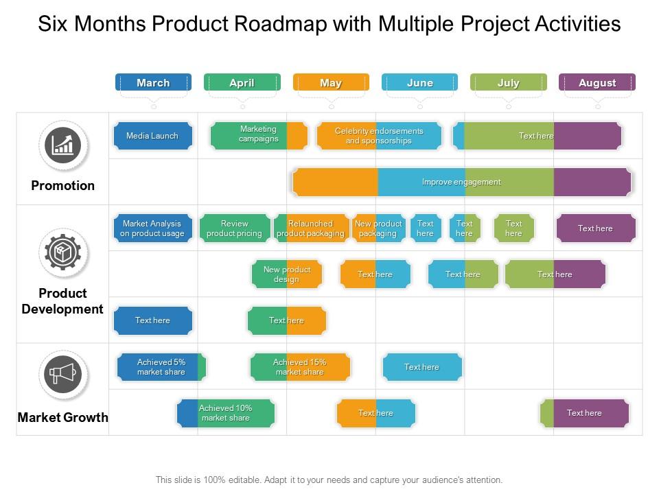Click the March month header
click(x=153, y=82)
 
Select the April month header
click(x=242, y=82)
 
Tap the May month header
click(x=331, y=82)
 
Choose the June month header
click(x=419, y=82)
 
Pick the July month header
click(x=508, y=82)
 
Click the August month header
click(x=597, y=82)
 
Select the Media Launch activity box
click(x=152, y=136)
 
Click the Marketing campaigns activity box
click(x=259, y=134)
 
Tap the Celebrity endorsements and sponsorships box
click(x=379, y=136)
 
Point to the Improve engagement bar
click(x=461, y=183)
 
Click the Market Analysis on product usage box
click(x=152, y=228)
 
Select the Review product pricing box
click(x=235, y=228)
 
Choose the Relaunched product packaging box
click(x=311, y=228)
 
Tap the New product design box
click(x=287, y=274)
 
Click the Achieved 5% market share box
click(x=161, y=367)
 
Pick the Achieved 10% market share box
click(x=226, y=413)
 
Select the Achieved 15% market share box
click(x=300, y=367)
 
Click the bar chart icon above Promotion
click(x=63, y=145)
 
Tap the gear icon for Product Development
click(x=63, y=253)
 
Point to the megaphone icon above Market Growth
click(x=63, y=375)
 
